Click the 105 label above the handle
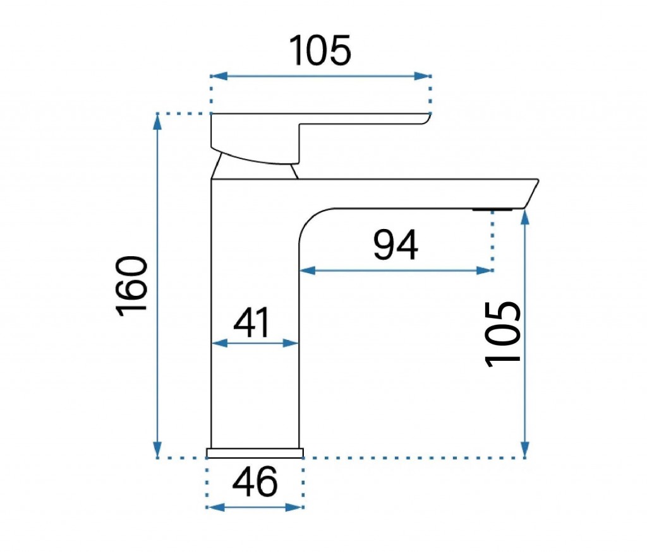pyautogui.click(x=320, y=50)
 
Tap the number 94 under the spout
pyautogui.click(x=396, y=245)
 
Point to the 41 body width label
pyautogui.click(x=252, y=322)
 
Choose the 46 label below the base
pyautogui.click(x=255, y=481)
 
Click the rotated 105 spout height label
pyautogui.click(x=502, y=334)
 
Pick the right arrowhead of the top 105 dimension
pyautogui.click(x=423, y=76)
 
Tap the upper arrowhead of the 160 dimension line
pyautogui.click(x=157, y=122)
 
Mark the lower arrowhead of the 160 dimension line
pyautogui.click(x=157, y=449)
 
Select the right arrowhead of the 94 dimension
pyautogui.click(x=485, y=271)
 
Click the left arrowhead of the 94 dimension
pyautogui.click(x=308, y=271)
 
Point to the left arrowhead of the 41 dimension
pyautogui.click(x=219, y=343)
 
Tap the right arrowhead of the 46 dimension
pyautogui.click(x=294, y=507)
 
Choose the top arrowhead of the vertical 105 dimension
pyautogui.click(x=525, y=217)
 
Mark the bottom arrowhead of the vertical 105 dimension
pyautogui.click(x=525, y=449)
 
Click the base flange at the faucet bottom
pyautogui.click(x=255, y=453)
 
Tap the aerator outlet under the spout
pyautogui.click(x=493, y=209)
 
